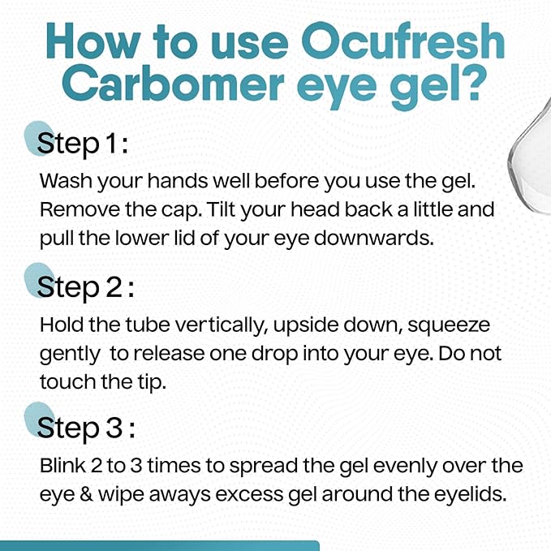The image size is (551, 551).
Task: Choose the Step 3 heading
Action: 85,428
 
